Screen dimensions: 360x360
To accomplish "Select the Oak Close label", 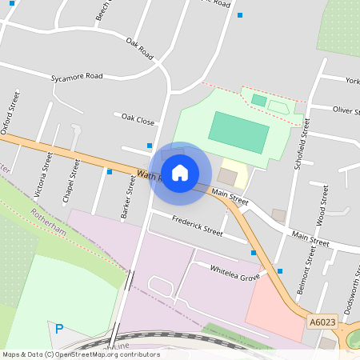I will (134, 120).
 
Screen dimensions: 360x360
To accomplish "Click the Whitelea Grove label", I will (235, 272).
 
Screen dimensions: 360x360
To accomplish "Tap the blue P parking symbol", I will (59, 328).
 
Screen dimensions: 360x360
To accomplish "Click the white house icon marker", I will (180, 172).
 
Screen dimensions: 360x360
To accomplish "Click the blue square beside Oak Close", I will (150, 146).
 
